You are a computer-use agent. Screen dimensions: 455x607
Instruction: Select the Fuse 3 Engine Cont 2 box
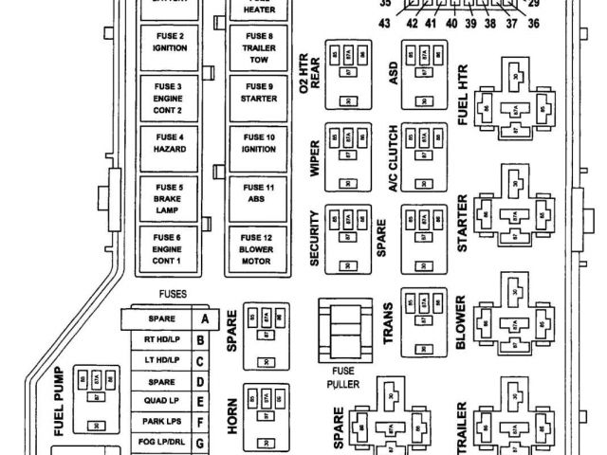coord(168,97)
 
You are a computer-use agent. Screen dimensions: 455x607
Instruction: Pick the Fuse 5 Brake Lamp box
coord(168,198)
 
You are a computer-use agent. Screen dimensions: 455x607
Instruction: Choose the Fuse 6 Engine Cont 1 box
coord(168,248)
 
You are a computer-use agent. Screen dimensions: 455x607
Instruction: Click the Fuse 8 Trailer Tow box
coord(259,45)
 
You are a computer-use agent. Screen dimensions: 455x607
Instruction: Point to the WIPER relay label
coord(313,158)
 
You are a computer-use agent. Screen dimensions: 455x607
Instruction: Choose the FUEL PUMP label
coord(59,401)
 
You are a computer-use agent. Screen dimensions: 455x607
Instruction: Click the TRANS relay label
coord(389,324)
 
